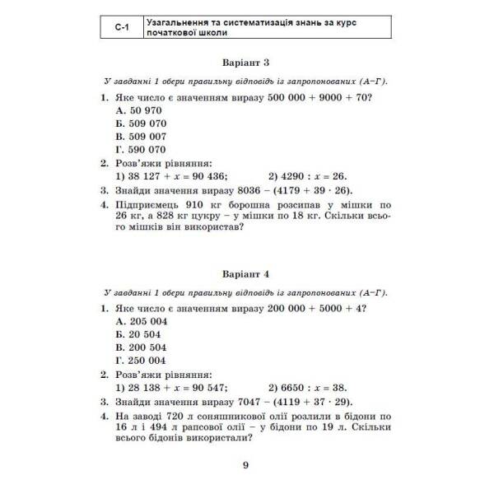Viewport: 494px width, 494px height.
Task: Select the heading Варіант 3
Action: [246, 63]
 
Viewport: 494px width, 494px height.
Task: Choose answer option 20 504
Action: [138, 333]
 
